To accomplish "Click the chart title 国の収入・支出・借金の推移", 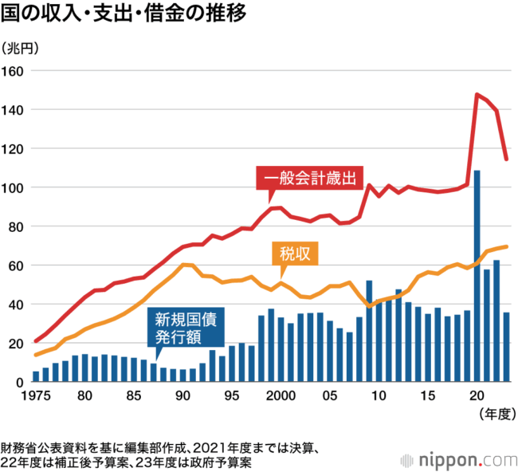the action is coord(124,14).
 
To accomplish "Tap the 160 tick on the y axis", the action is coord(12,72).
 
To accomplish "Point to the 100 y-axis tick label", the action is coord(12,188).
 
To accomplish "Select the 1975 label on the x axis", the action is coord(36,395).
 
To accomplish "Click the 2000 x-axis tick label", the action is coord(281,395).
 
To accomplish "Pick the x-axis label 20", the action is coord(477,395).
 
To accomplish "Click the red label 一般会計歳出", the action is coord(310,178).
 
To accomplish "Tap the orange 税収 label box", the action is coord(295,254).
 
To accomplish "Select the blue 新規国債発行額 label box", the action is coord(186,328).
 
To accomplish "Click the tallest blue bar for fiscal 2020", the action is coord(477,277).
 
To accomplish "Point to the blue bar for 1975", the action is coord(36,377).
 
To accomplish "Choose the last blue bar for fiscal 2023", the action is coord(506,348).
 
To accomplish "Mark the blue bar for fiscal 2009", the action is coord(369,331).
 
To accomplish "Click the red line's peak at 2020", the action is coord(477,94).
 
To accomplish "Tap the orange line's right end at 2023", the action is coord(506,246).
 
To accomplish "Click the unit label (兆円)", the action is coord(19,49).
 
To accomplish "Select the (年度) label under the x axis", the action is coord(497,414).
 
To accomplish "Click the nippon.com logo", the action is coord(458,460).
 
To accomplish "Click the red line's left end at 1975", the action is coord(36,341).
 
